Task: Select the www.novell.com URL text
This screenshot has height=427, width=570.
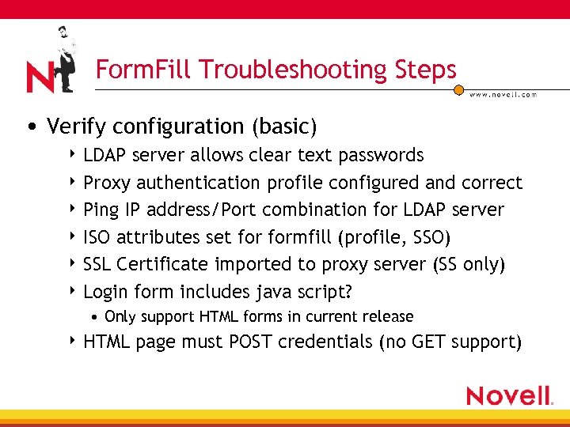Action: tap(503, 94)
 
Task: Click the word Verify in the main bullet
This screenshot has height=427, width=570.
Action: tap(74, 127)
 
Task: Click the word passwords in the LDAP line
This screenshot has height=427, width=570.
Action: tap(381, 155)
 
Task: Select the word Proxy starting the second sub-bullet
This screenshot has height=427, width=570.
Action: tap(108, 183)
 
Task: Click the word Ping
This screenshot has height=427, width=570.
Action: tap(101, 210)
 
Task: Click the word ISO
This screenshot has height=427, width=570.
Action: tap(97, 237)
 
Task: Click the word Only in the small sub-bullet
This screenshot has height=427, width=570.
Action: tap(120, 317)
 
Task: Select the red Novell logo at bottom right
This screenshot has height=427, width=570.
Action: tap(509, 395)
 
